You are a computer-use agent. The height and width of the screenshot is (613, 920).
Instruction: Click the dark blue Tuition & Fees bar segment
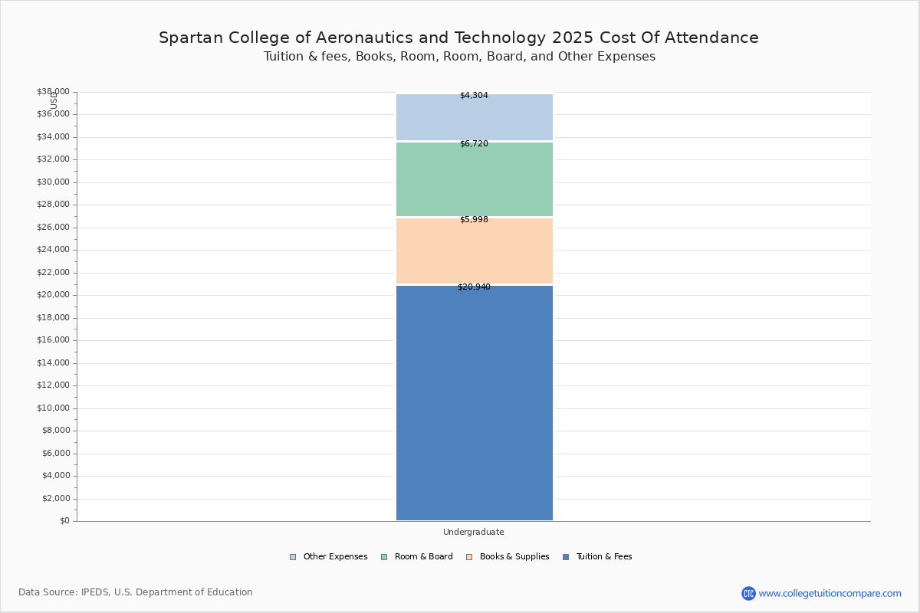(x=474, y=402)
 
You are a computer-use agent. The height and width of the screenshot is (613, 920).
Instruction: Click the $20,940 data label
(x=474, y=287)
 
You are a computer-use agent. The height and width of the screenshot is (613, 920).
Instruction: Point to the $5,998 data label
(x=474, y=220)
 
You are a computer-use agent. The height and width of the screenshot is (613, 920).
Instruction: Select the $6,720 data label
(x=474, y=144)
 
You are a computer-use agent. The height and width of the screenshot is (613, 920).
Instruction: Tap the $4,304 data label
(x=474, y=96)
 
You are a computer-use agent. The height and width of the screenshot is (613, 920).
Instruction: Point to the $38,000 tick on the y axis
(x=53, y=92)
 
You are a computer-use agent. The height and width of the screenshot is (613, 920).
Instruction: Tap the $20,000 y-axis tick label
(x=53, y=295)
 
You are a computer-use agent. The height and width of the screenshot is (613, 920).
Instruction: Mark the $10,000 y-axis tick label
(x=53, y=408)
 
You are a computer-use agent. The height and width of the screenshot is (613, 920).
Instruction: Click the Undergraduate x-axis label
(x=474, y=532)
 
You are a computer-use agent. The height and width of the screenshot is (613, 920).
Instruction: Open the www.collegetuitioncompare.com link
(x=830, y=593)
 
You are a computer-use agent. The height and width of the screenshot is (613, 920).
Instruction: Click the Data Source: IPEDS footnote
(x=136, y=592)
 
